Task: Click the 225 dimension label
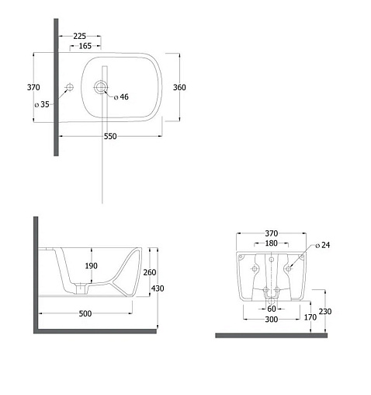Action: pos(79,36)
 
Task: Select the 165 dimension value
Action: pos(85,46)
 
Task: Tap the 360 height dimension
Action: pos(179,87)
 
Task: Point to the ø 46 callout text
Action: pos(121,97)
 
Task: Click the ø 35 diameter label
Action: pos(42,104)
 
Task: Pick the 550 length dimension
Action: pos(110,136)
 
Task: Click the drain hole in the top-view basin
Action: pos(101,87)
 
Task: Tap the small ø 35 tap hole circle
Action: pos(70,87)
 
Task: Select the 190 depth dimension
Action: pos(92,266)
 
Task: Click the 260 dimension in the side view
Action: pos(150,272)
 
